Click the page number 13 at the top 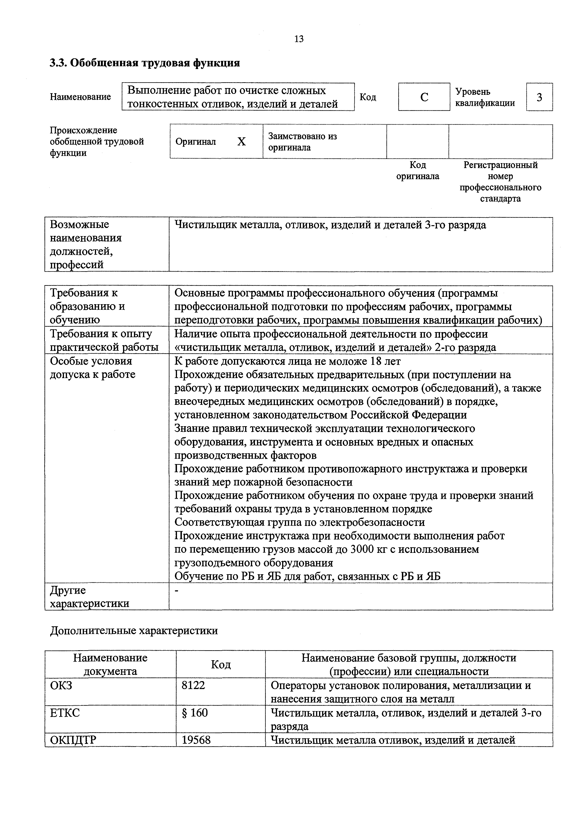(x=299, y=39)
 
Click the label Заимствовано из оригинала (x=302, y=142)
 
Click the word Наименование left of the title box (x=80, y=97)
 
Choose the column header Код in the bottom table (x=221, y=664)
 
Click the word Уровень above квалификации (x=473, y=92)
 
